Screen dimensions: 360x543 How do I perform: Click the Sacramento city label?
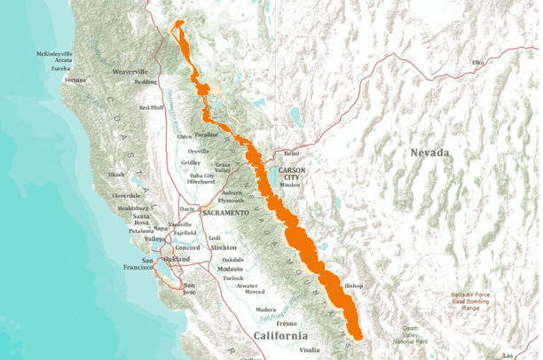[224, 215]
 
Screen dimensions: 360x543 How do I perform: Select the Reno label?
[292, 153]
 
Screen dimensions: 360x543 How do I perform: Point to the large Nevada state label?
[430, 153]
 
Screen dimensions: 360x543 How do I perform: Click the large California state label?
[280, 336]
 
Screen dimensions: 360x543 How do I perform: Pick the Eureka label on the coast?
[60, 67]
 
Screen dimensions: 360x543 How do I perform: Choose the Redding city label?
[146, 82]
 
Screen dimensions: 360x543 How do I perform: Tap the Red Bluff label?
[152, 107]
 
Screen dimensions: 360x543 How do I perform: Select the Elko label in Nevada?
[478, 62]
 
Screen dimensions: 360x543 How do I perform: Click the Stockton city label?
[224, 247]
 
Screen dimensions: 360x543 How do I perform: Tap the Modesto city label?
[230, 268]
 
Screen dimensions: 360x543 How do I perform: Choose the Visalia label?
[309, 350]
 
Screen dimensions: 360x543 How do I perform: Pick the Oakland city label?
[176, 258]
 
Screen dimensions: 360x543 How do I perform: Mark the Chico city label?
[185, 137]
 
